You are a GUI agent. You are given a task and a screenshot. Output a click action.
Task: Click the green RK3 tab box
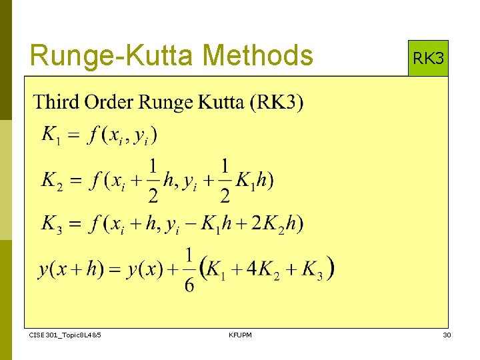428,59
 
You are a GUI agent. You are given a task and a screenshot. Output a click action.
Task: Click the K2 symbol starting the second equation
52,180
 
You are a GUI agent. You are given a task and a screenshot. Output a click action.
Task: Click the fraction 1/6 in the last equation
189,270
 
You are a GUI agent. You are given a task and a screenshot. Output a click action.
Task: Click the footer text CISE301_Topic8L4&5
65,335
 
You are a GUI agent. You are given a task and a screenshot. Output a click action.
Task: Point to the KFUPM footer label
240,335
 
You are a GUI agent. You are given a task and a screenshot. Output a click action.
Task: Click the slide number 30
447,335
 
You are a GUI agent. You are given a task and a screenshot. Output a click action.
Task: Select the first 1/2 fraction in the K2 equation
153,180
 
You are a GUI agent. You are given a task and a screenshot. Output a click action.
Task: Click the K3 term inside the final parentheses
312,269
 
